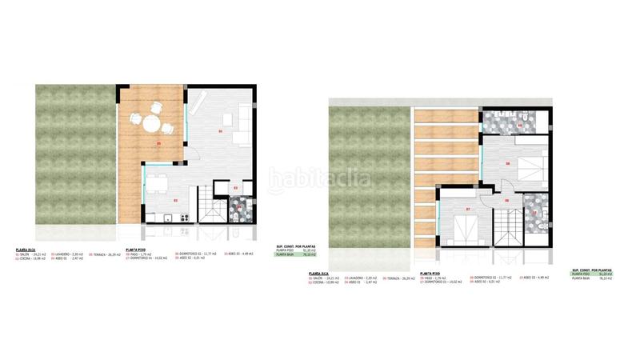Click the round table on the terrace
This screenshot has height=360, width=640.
pos(151,125)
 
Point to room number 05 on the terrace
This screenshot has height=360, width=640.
pos(159,144)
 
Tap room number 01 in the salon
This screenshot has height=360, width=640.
pos(220,130)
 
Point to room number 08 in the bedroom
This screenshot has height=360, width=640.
pos(507,163)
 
